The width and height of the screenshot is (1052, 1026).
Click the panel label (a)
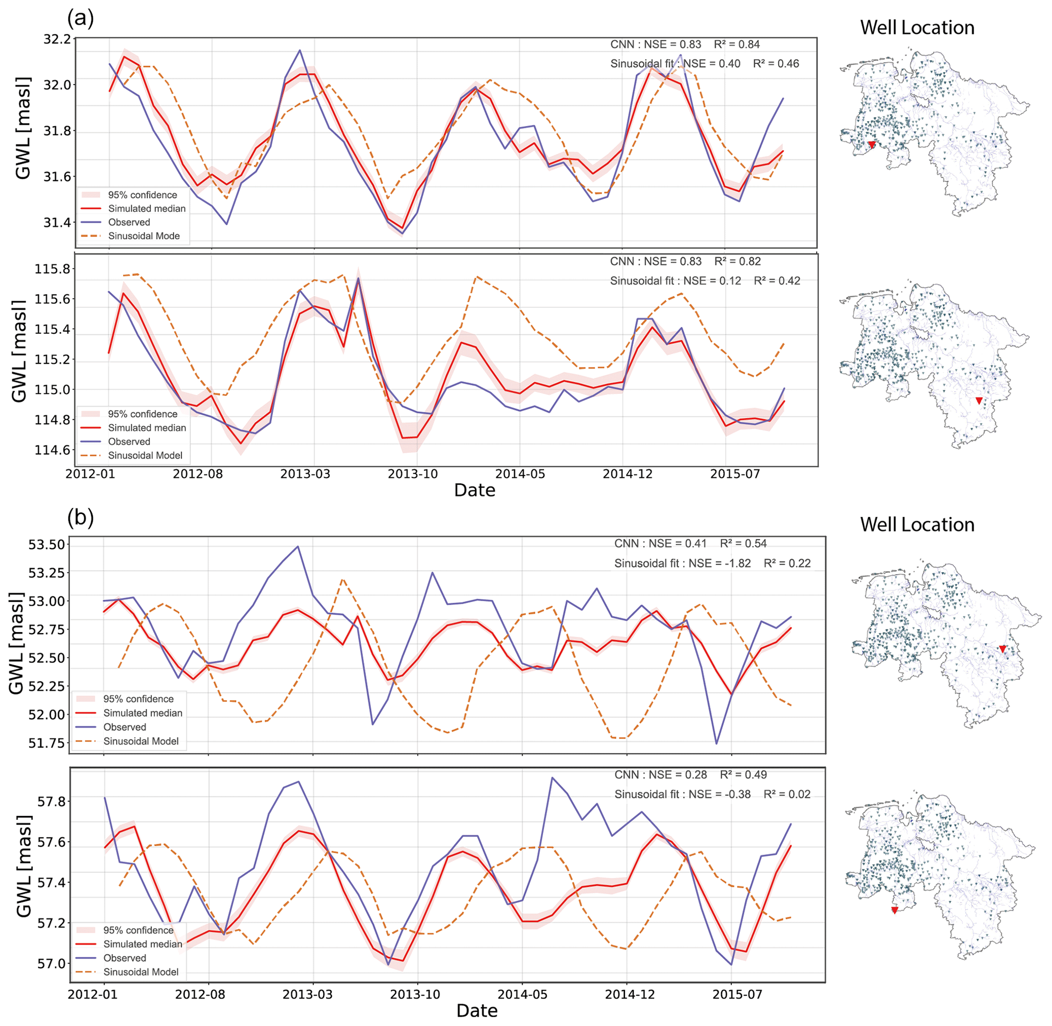pos(80,19)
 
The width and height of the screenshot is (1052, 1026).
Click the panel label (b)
pos(80,518)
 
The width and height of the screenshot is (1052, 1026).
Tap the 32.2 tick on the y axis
pos(58,39)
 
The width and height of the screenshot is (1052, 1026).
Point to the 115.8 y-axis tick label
pos(52,269)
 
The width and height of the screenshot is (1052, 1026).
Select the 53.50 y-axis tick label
pos(46,544)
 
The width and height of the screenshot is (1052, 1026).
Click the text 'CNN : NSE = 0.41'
pos(660,544)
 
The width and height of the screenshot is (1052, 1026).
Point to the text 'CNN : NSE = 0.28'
pos(660,775)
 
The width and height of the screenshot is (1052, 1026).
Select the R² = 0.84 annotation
pos(737,44)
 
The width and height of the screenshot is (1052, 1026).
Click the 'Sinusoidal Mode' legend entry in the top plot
pos(144,236)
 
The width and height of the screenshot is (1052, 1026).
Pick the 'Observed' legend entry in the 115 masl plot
pos(129,441)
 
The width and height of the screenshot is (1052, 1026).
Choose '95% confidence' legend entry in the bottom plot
pos(138,930)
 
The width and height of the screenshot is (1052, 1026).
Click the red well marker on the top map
pos(871,145)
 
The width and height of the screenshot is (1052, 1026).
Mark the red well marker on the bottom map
pos(895,910)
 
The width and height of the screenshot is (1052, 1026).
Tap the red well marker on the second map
pos(979,401)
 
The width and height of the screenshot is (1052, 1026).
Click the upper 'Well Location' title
pos(917,27)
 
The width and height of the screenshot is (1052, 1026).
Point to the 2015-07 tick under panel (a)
pos(734,474)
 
